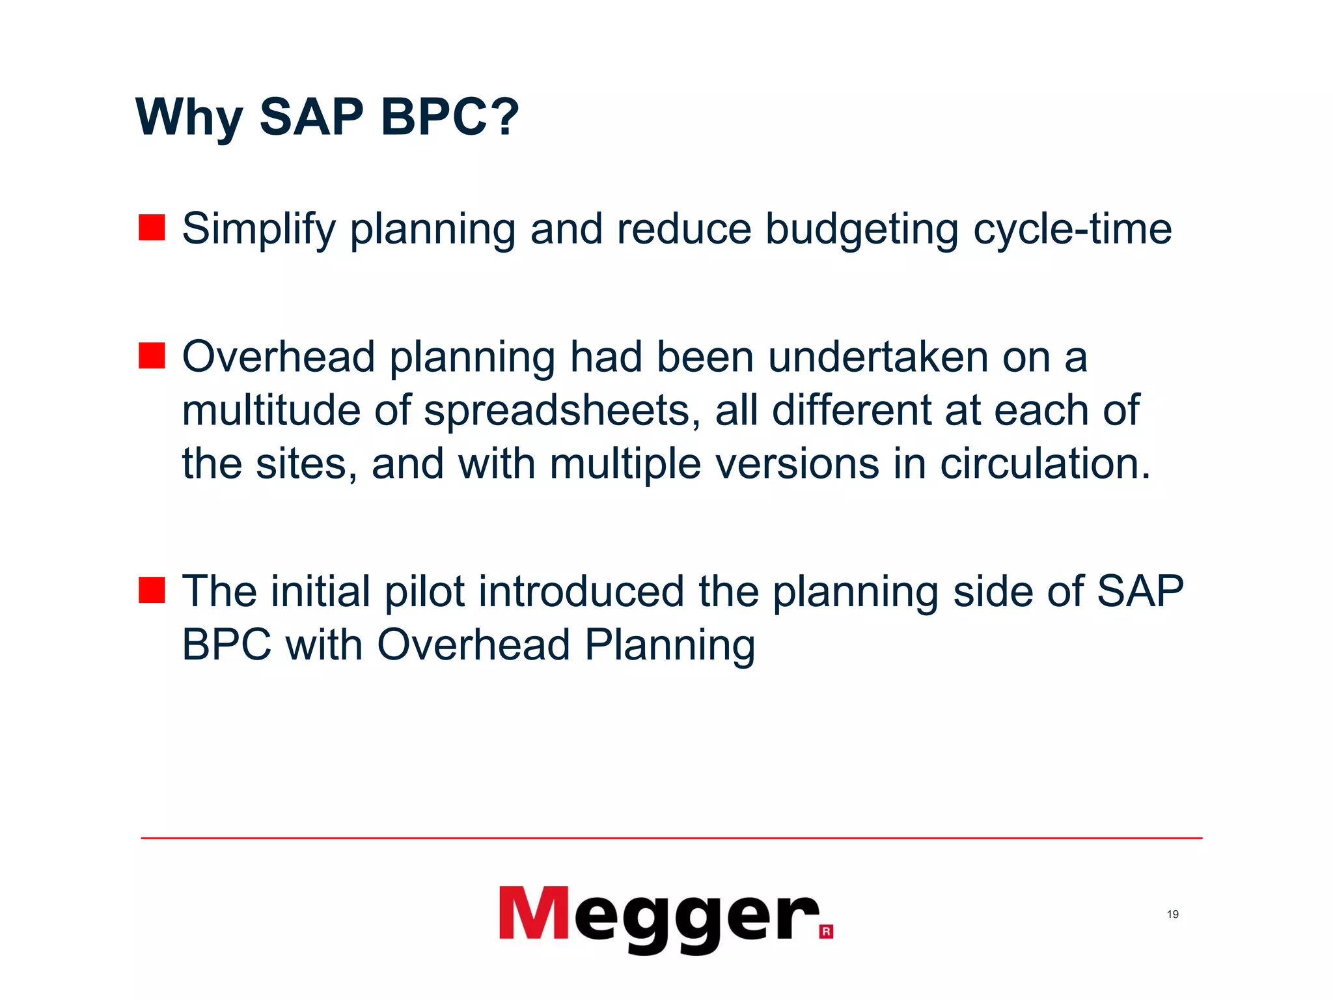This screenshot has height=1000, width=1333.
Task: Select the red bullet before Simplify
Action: (x=152, y=228)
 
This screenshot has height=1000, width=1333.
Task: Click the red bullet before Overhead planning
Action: (x=152, y=356)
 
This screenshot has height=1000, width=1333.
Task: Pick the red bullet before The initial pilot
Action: (x=152, y=590)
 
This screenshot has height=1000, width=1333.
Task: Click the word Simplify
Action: (x=258, y=229)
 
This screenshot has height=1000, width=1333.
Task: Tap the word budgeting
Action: (x=861, y=229)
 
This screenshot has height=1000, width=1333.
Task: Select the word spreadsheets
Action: (x=562, y=411)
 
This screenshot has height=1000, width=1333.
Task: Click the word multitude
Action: (x=270, y=411)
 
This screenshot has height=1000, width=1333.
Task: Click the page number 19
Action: (x=1172, y=915)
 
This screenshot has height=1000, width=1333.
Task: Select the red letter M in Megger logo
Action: (x=534, y=913)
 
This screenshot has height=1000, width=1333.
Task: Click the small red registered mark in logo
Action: (x=826, y=931)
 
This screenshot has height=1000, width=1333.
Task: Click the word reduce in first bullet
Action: (x=683, y=229)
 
